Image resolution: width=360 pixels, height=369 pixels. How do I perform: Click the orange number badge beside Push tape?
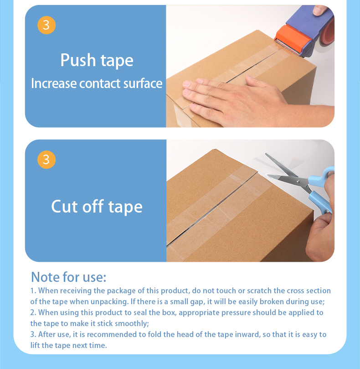click(46, 25)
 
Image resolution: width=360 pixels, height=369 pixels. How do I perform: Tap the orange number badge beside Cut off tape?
click(46, 160)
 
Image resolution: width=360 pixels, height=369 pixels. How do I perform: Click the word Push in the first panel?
click(78, 60)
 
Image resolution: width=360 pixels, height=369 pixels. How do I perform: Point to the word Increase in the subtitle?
click(54, 83)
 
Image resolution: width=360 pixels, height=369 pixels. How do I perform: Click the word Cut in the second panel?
click(64, 206)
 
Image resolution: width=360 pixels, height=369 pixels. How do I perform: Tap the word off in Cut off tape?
click(93, 206)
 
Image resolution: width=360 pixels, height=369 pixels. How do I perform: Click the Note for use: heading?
click(69, 277)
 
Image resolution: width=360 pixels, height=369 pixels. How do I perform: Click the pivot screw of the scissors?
click(298, 182)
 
